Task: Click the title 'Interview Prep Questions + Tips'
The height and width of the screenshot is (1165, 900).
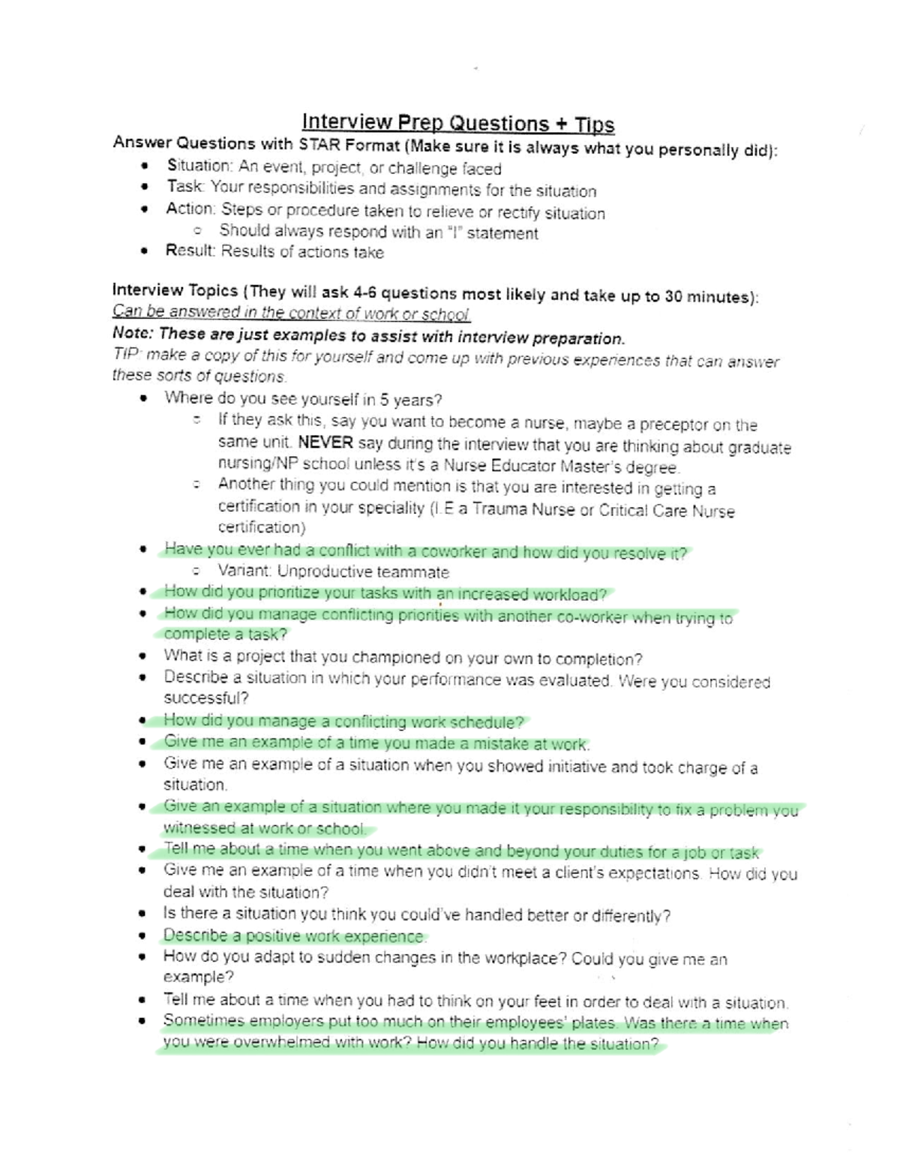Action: pos(458,123)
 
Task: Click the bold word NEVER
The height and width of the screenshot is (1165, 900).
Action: pos(325,443)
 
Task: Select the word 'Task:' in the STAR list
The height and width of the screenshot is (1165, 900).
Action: pos(184,186)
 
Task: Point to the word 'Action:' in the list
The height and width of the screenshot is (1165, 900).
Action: pos(190,209)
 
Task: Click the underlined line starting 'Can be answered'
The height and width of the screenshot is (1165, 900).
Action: pos(290,313)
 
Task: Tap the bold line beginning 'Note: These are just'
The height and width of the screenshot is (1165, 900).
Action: pos(367,335)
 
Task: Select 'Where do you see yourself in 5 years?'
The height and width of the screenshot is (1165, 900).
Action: pos(303,398)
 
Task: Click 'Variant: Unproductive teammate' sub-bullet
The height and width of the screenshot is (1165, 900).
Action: pos(333,572)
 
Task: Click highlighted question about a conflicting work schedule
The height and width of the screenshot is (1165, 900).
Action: pos(343,722)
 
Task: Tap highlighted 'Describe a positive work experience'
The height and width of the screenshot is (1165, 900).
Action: pos(294,936)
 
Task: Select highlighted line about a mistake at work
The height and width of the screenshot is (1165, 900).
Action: pos(376,743)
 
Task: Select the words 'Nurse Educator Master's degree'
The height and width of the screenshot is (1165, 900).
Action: pos(560,466)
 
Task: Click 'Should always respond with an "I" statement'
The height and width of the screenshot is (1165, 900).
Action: pos(378,233)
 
